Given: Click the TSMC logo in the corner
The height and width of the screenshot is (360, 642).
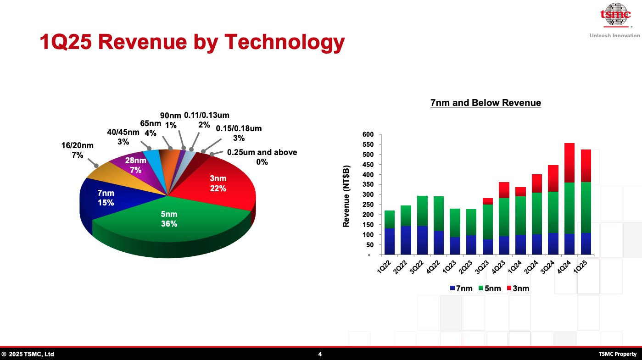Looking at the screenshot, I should (615, 16).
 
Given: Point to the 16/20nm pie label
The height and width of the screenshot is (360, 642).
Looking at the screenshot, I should (78, 150).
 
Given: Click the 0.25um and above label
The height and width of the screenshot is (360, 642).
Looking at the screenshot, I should (262, 157).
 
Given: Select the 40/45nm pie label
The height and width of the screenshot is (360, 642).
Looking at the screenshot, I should (123, 137).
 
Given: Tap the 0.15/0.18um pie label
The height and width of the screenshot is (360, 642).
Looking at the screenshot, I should (239, 133).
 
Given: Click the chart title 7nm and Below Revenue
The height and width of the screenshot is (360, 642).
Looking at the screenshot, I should (486, 103).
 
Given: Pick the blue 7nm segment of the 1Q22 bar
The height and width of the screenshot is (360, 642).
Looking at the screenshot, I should (390, 241).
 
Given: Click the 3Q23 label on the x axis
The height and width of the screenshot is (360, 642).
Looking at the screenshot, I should (483, 267).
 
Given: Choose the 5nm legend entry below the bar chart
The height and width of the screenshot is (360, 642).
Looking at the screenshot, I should (489, 288).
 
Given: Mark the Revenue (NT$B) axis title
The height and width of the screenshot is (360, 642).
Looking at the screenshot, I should (346, 196).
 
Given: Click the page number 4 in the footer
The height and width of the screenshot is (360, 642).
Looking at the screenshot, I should (320, 354).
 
